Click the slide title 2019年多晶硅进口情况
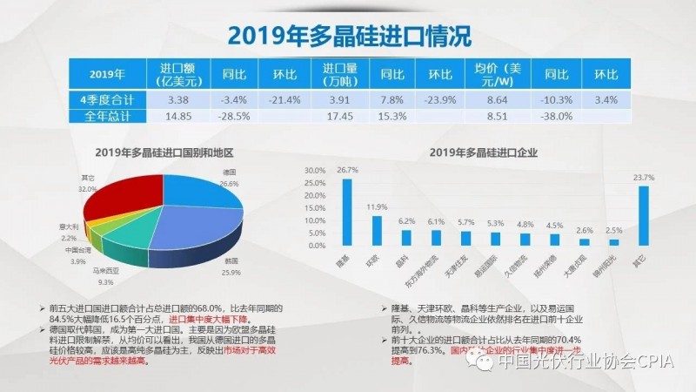348,35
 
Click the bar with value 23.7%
643,217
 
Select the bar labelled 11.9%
377,230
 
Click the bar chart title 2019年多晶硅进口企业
484,152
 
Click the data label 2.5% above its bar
613,230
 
